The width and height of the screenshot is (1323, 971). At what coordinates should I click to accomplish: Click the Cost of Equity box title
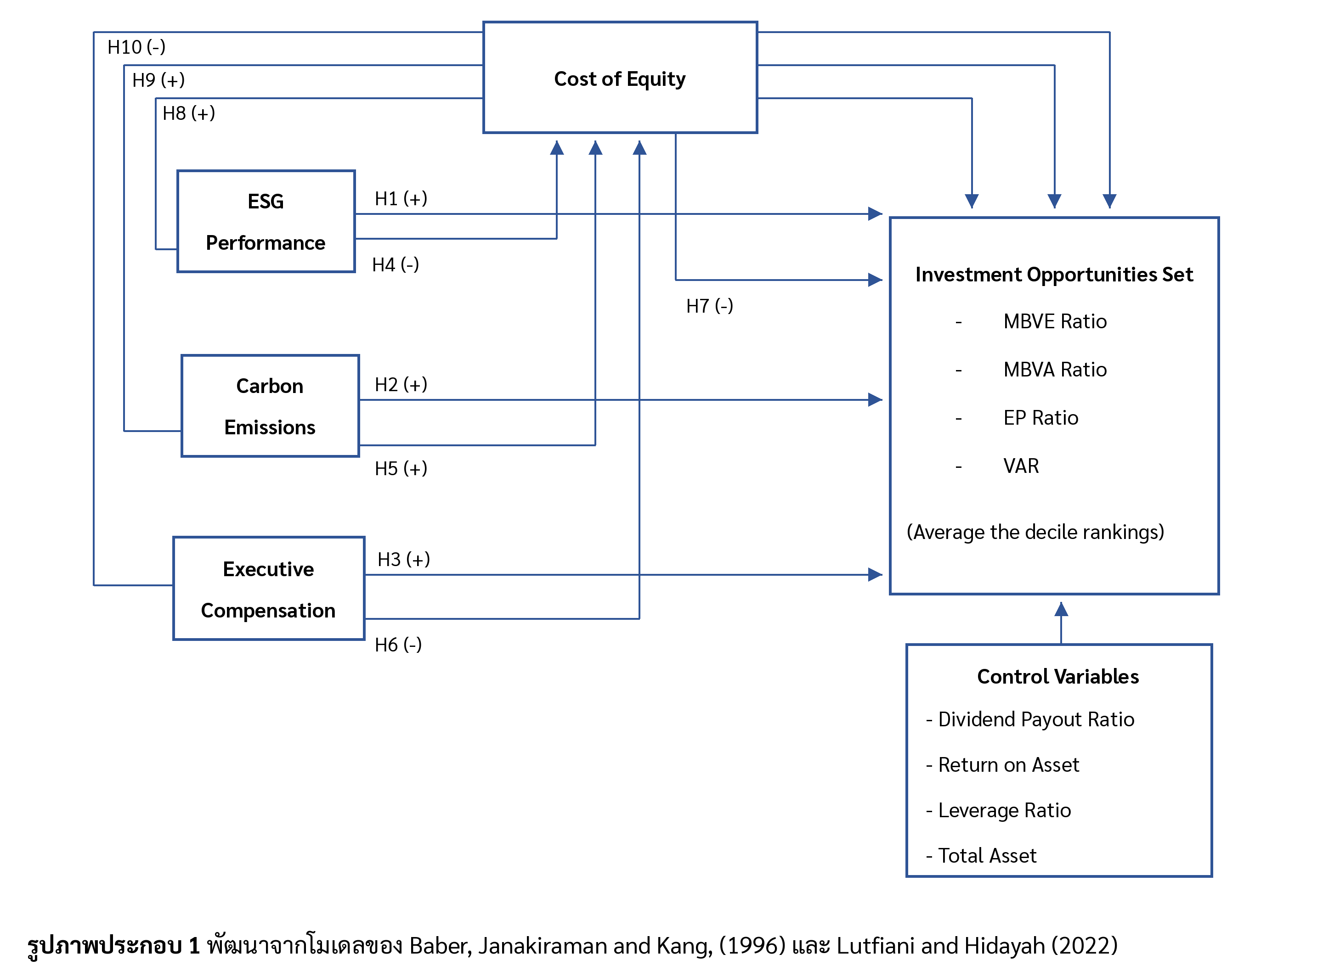pos(619,79)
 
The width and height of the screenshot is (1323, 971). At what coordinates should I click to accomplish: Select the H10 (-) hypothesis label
pos(136,47)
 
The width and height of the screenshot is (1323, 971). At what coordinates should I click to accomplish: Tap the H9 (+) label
pos(158,80)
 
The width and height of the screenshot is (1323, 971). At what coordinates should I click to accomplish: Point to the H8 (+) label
pos(189,113)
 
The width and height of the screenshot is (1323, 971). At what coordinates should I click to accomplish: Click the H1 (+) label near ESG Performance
pos(401,199)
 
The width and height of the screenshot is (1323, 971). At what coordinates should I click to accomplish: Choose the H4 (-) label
pos(396,265)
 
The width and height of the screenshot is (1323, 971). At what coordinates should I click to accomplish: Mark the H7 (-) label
pos(710,306)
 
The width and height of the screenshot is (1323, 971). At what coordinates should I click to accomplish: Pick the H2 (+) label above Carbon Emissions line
pos(401,384)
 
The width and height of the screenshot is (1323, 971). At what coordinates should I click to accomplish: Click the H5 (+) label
pos(401,468)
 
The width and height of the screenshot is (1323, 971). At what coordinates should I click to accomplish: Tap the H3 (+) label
pos(403,559)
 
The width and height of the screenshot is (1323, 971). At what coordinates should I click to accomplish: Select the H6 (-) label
pos(398,645)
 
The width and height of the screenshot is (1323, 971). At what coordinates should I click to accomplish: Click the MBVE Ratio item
pos(1055,321)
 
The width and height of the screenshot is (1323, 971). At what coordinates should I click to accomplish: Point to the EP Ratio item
pos(1041,418)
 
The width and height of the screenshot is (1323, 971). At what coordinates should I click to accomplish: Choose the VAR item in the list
pos(1021,466)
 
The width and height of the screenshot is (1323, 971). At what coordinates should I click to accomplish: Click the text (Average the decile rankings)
pos(1035,532)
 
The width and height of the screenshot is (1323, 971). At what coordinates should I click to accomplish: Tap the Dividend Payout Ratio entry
pos(1036,719)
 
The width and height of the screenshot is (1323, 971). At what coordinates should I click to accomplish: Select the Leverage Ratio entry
pos(1004,810)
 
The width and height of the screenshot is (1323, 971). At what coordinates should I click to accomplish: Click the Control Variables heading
pos(1058,677)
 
